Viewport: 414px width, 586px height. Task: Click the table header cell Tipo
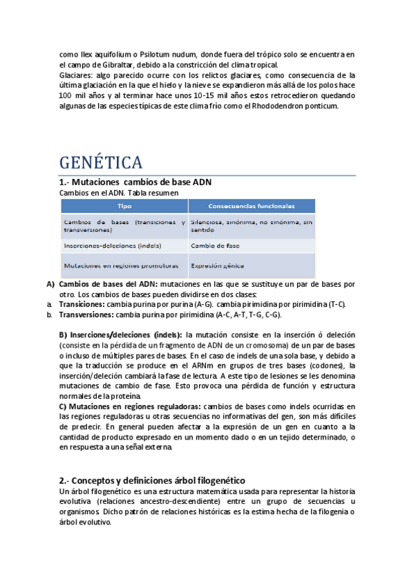coord(124,206)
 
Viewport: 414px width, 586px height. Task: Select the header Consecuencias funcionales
coord(252,206)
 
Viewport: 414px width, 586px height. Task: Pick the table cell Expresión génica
coord(220,265)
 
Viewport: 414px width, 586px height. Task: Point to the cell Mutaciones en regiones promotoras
coord(121,265)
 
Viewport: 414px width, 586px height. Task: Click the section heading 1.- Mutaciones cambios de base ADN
coord(135,182)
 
